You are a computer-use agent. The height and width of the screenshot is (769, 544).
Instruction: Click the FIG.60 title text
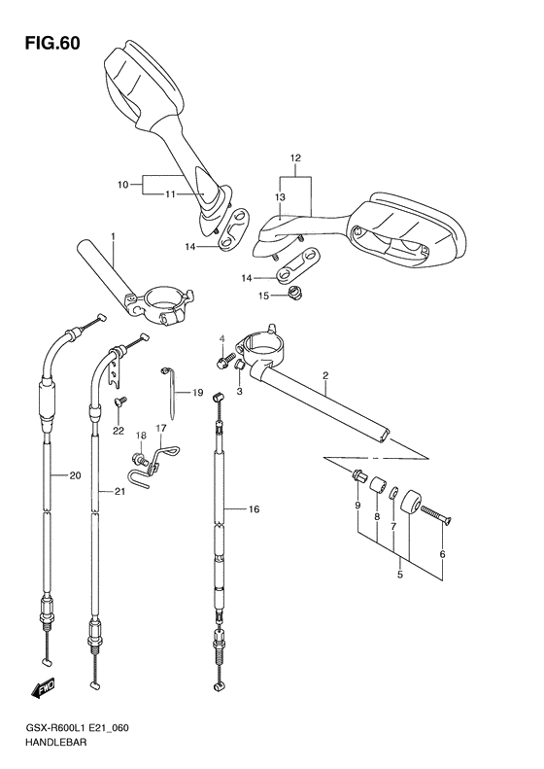tap(52, 44)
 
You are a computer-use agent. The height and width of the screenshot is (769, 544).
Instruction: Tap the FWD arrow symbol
tap(43, 688)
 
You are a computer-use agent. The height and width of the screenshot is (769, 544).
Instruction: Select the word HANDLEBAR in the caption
tap(56, 742)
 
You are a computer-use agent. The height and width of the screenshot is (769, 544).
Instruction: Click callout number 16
tap(254, 509)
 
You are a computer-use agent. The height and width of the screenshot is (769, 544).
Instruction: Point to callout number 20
tap(75, 475)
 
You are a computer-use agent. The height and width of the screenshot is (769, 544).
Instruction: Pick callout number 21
tap(119, 491)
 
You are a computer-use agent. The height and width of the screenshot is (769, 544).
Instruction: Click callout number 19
tap(197, 393)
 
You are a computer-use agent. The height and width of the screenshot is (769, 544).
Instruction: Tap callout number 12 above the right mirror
tap(295, 158)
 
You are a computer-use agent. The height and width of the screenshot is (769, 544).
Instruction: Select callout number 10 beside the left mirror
tap(122, 185)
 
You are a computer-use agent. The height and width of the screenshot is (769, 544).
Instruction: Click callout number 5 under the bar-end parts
tap(400, 575)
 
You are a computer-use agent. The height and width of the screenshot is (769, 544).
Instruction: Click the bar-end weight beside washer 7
tap(410, 503)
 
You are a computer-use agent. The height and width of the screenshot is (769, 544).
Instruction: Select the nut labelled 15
tap(295, 293)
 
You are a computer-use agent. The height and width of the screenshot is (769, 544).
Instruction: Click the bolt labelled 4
tap(222, 363)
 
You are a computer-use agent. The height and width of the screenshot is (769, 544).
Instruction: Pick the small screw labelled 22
tap(120, 402)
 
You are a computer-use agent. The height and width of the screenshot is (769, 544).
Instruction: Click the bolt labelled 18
tap(138, 460)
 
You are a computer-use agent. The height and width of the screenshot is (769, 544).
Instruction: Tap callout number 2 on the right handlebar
tap(325, 376)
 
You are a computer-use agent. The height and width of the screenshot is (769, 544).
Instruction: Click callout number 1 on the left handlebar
tap(114, 236)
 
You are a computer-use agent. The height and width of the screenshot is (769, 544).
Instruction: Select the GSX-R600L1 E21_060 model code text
tap(77, 728)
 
